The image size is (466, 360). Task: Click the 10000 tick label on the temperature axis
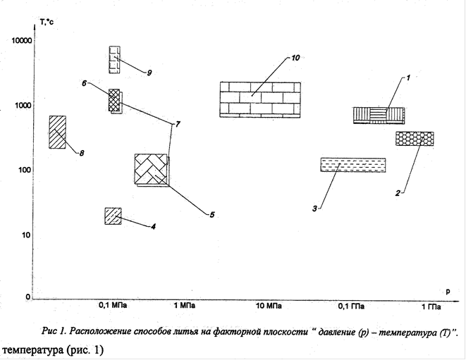pyautogui.click(x=22, y=41)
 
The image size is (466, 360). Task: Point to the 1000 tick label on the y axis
pyautogui.click(x=23, y=106)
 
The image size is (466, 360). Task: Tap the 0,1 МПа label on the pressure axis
pyautogui.click(x=113, y=306)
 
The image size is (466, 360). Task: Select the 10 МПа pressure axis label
pyautogui.click(x=269, y=306)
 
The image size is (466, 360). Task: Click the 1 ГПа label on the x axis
pyautogui.click(x=431, y=307)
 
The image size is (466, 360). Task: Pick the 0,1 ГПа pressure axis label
pyautogui.click(x=351, y=306)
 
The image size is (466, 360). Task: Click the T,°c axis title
pyautogui.click(x=47, y=21)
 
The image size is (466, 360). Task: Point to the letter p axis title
pyautogui.click(x=448, y=292)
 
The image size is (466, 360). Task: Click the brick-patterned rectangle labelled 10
pyautogui.click(x=260, y=99)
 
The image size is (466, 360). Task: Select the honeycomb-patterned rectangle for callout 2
pyautogui.click(x=415, y=139)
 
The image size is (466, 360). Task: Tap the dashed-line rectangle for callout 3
pyautogui.click(x=353, y=165)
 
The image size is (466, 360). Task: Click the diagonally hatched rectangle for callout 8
pyautogui.click(x=57, y=132)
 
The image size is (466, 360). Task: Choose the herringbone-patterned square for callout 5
pyautogui.click(x=151, y=169)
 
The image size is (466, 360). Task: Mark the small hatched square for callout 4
pyautogui.click(x=114, y=216)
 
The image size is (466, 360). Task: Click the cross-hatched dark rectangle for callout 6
pyautogui.click(x=114, y=100)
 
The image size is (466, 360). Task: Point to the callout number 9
pyautogui.click(x=149, y=73)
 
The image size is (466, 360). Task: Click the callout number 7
pyautogui.click(x=178, y=124)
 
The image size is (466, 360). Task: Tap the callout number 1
pyautogui.click(x=408, y=77)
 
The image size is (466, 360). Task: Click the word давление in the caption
pyautogui.click(x=336, y=332)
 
